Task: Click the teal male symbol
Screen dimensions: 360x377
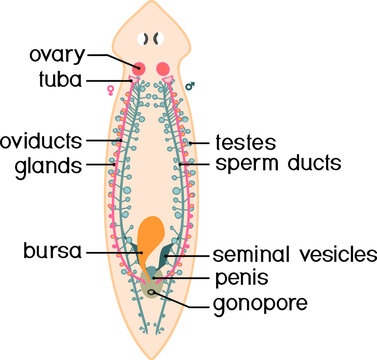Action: click(217, 86)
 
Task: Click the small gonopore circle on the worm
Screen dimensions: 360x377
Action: click(152, 291)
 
